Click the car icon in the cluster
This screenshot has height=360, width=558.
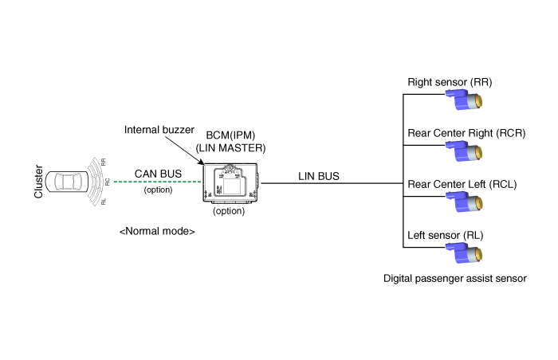pyautogui.click(x=68, y=182)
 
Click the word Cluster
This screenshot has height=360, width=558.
pyautogui.click(x=38, y=182)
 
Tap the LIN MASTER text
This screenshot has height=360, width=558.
pyautogui.click(x=230, y=147)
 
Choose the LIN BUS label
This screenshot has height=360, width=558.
pyautogui.click(x=320, y=175)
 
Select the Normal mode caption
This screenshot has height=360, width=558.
pyautogui.click(x=156, y=231)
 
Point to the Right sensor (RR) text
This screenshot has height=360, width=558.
pyautogui.click(x=450, y=82)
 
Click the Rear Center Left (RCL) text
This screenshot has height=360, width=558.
pyautogui.click(x=462, y=184)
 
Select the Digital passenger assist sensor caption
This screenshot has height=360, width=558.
pyautogui.click(x=455, y=279)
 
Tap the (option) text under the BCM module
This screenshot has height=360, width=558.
pyautogui.click(x=230, y=212)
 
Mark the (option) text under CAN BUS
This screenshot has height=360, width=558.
pyautogui.click(x=160, y=190)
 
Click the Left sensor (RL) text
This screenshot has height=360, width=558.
pyautogui.click(x=446, y=235)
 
